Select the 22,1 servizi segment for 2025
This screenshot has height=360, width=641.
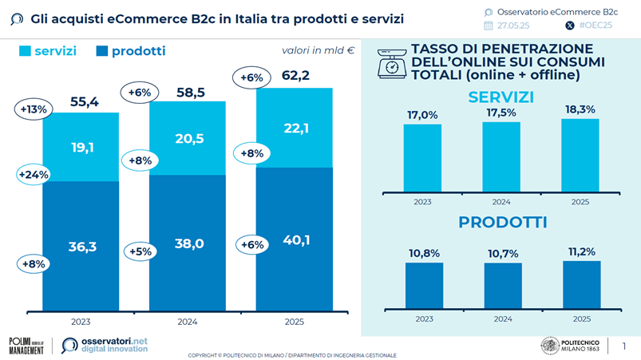(x=294, y=129)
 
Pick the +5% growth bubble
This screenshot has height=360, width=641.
(x=140, y=251)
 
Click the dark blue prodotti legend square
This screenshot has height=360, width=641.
(x=101, y=51)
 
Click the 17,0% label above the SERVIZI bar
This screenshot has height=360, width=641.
(x=422, y=115)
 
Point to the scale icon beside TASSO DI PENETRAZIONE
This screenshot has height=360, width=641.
(x=391, y=63)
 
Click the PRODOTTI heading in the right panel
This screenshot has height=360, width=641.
(x=502, y=223)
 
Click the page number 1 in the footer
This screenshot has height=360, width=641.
(x=623, y=346)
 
